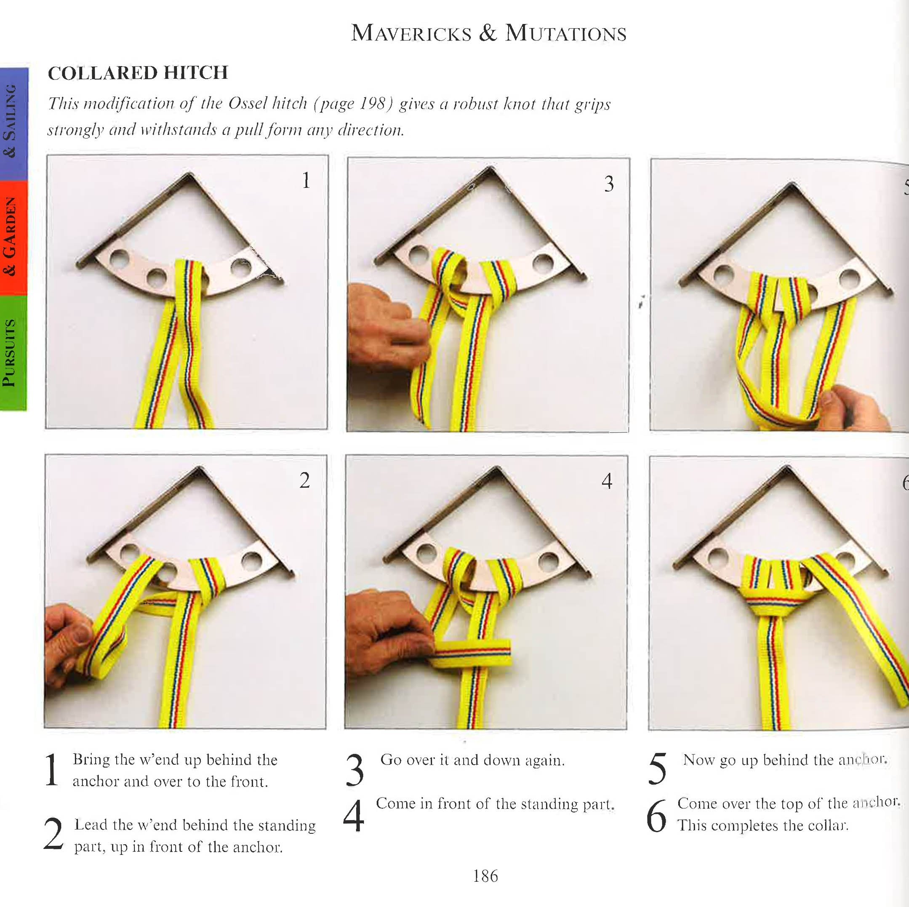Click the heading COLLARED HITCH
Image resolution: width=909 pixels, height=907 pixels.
138,73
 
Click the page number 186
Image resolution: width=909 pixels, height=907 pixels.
485,875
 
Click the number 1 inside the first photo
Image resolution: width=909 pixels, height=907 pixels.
306,180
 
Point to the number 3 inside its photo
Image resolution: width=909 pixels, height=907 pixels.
609,184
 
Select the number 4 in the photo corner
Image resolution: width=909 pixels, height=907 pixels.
607,481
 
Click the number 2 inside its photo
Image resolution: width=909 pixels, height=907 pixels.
304,480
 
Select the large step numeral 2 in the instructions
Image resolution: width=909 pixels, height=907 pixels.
53,834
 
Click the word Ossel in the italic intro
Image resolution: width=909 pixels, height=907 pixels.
248,103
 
